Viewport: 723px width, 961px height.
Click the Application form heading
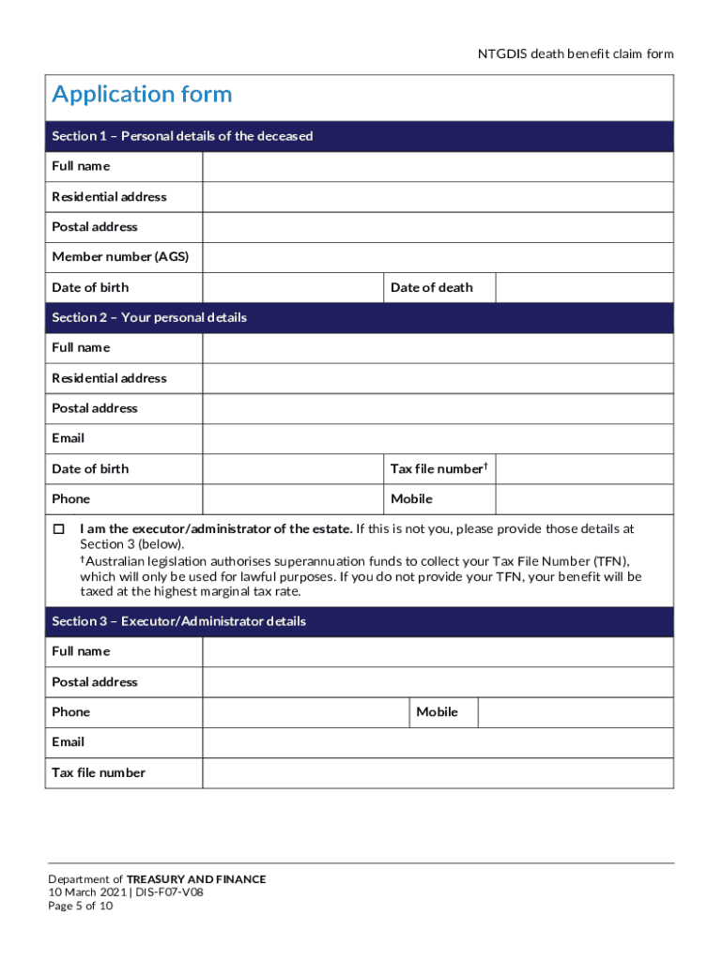[x=142, y=95]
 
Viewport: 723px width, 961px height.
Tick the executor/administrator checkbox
[x=58, y=529]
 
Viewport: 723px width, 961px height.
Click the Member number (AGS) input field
[x=438, y=257]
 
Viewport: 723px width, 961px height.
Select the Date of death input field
[x=584, y=288]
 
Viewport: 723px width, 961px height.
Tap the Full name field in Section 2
[x=438, y=348]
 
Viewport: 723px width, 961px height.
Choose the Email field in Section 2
[x=438, y=439]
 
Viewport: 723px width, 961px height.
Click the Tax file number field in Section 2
[x=584, y=469]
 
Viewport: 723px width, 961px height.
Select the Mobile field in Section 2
[x=584, y=499]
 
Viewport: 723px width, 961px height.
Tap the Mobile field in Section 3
[x=575, y=712]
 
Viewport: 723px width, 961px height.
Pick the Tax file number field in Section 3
[x=438, y=773]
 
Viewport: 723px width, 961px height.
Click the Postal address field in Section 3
[x=438, y=682]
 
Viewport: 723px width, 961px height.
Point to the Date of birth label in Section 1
[x=90, y=288]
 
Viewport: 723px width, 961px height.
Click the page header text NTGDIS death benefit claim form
[x=576, y=53]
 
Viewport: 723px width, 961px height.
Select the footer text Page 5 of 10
[x=81, y=906]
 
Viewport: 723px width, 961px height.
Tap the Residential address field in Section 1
[x=438, y=197]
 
